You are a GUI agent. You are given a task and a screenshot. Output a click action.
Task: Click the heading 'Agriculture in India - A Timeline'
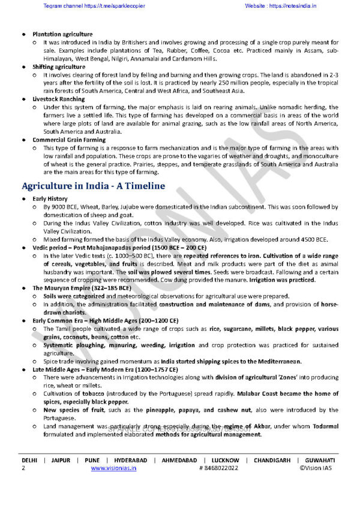93,186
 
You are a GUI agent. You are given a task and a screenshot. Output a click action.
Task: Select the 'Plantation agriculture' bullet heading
62,34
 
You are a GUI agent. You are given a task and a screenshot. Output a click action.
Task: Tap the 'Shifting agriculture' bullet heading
59,67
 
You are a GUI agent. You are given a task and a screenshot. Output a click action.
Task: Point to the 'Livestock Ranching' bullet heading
59,98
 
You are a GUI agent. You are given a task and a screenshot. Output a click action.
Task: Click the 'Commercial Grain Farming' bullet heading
69,140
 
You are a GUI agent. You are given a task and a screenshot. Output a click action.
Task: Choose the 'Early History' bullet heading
50,198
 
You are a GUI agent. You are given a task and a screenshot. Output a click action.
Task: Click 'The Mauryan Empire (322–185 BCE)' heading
82,288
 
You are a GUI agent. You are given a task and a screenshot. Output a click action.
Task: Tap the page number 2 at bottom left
23,468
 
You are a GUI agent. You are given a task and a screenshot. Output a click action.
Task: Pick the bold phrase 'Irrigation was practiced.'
292,279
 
